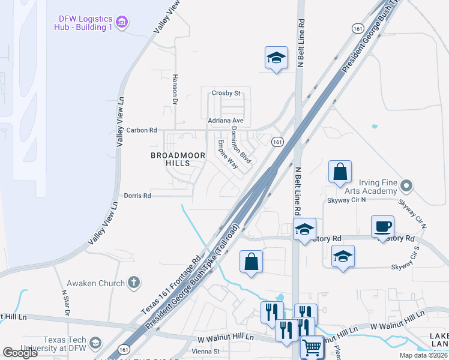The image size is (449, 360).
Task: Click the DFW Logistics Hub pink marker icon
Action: [123, 23]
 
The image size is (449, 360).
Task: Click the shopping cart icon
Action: [312, 347]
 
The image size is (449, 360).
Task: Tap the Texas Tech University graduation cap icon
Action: [94, 343]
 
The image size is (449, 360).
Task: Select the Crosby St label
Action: [226, 93]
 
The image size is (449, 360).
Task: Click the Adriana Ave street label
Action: [225, 121]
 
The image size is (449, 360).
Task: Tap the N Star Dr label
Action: [66, 303]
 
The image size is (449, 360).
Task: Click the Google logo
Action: [20, 353]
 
